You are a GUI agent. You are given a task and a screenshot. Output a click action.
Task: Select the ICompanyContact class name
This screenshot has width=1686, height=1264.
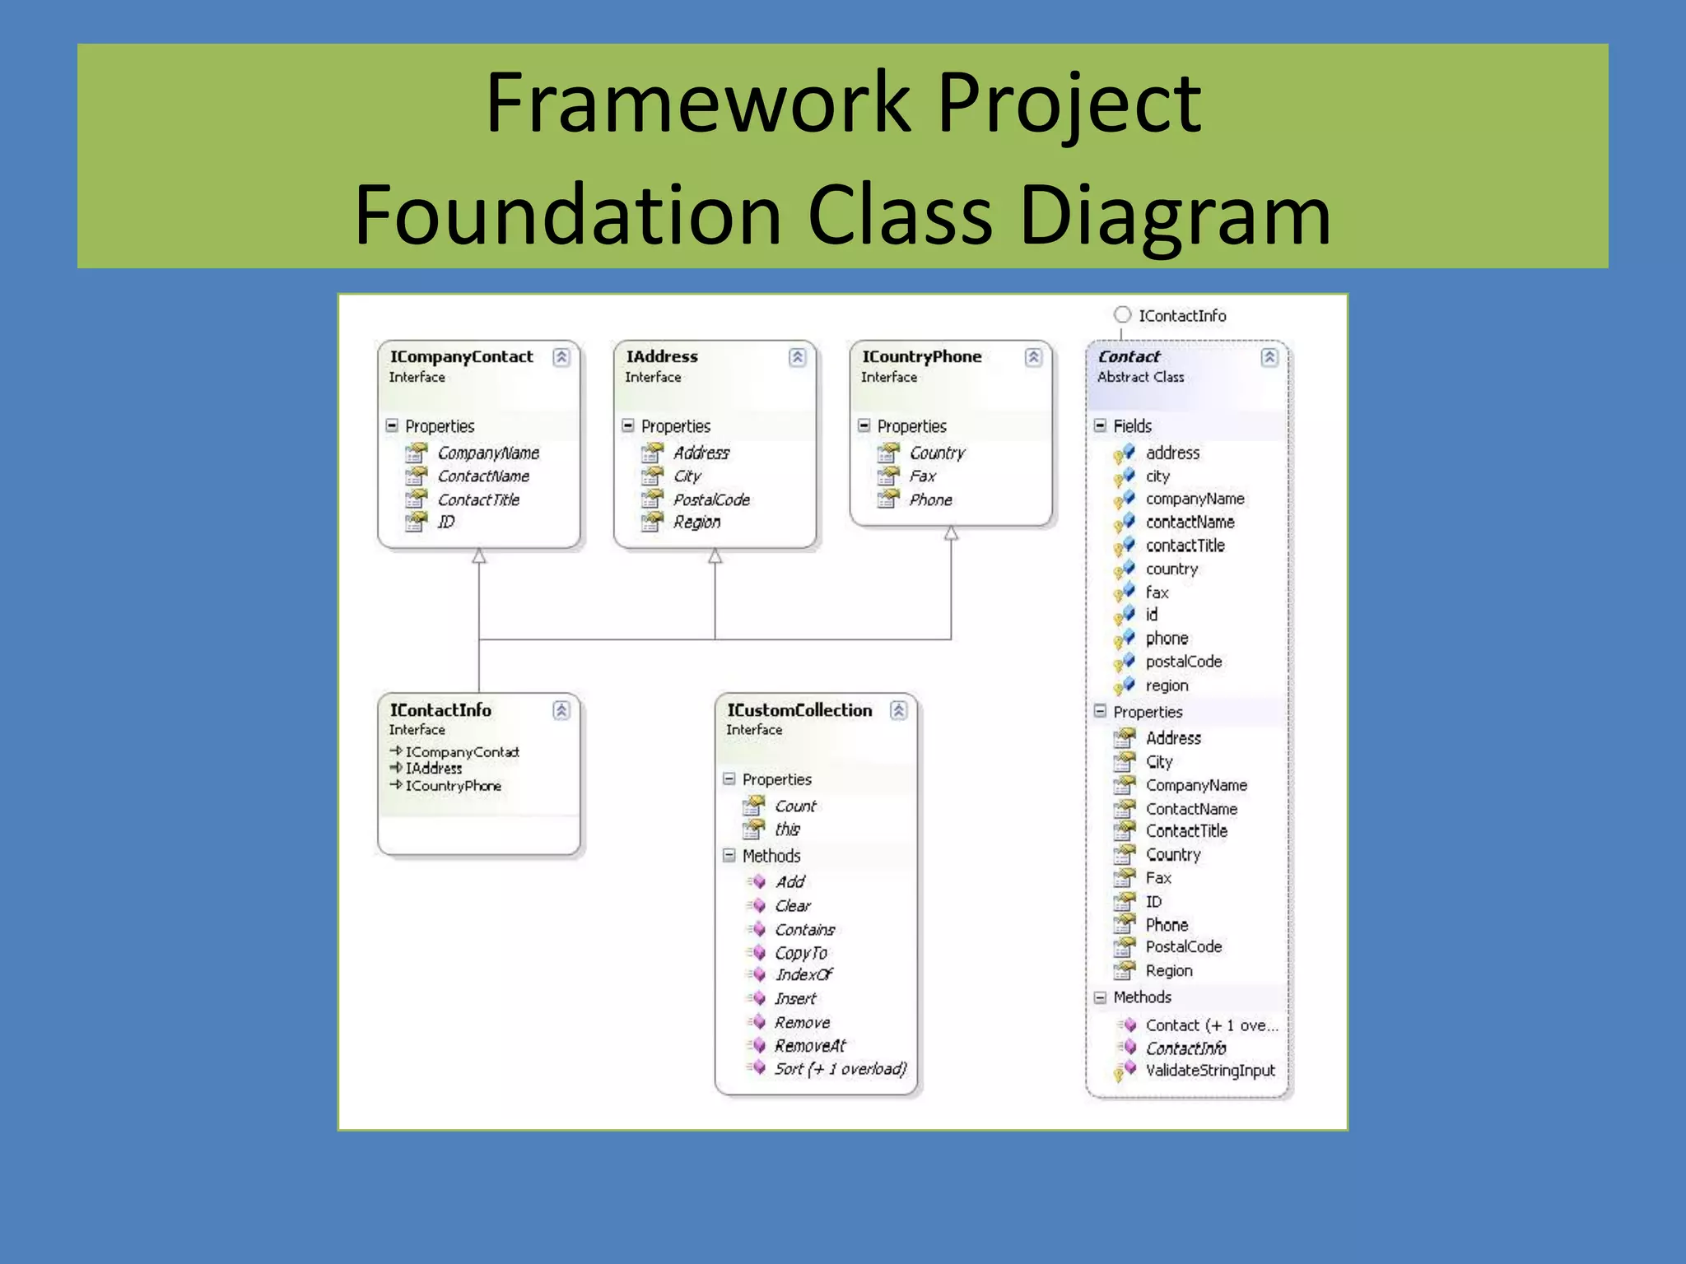[461, 357]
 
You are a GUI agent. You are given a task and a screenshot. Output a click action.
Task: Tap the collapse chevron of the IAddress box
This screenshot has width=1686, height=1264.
[797, 357]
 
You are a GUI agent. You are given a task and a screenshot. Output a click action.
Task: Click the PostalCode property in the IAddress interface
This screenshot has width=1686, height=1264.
[711, 500]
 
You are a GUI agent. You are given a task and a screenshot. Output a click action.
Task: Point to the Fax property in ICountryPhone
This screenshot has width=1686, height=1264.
[922, 476]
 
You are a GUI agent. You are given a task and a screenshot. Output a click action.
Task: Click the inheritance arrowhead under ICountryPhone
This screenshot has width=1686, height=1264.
[951, 534]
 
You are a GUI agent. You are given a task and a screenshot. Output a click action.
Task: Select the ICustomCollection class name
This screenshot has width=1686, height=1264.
[799, 710]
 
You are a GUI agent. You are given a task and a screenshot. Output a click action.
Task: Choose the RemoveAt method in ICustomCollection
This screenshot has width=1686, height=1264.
[810, 1046]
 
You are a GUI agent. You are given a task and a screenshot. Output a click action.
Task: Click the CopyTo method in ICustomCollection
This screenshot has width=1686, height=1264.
[800, 953]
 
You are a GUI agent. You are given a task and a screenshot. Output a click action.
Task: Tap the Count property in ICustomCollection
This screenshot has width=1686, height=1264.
[795, 806]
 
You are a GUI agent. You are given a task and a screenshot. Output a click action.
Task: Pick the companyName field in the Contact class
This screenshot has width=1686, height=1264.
[1195, 499]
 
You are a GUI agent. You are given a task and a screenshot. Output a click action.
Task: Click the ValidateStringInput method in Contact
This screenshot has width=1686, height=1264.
[1209, 1071]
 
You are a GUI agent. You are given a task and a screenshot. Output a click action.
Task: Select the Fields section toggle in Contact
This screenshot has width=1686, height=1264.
[1100, 425]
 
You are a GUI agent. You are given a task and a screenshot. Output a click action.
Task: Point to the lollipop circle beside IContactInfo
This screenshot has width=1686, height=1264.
[1122, 315]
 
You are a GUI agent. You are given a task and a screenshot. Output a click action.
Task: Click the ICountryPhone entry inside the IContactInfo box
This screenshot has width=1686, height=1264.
[453, 786]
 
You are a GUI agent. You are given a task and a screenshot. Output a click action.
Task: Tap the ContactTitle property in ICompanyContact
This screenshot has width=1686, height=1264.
[478, 500]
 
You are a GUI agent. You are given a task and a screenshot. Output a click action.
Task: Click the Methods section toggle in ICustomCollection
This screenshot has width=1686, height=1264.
[729, 856]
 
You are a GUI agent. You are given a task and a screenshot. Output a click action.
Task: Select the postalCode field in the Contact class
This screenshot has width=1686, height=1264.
[1183, 662]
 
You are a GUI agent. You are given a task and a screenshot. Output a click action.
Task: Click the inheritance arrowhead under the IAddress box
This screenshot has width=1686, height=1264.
[715, 557]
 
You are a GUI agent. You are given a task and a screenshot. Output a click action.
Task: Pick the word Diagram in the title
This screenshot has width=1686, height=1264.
[1175, 216]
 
